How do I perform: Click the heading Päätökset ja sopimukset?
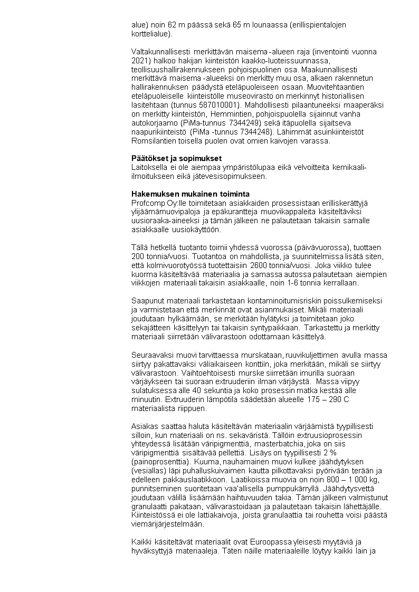177,158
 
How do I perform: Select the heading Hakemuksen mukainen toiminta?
191,194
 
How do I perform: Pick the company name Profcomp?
146,203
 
